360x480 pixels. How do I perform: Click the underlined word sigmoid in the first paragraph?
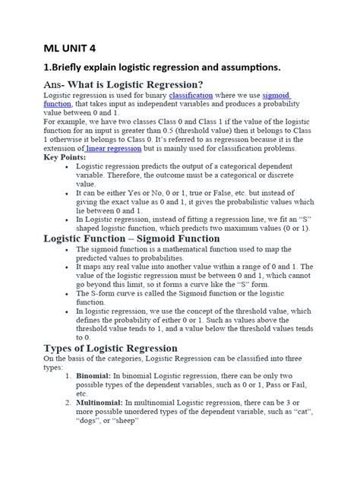276,96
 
